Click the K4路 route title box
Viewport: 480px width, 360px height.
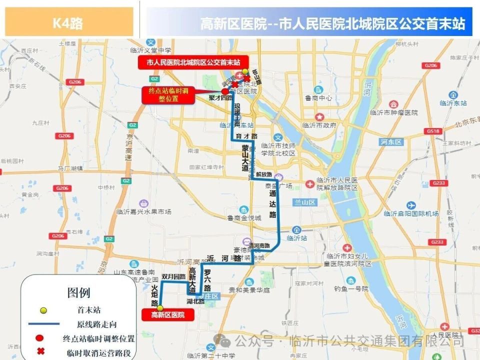click(x=68, y=22)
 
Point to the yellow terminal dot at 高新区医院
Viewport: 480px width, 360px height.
click(x=160, y=308)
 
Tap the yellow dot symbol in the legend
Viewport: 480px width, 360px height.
click(x=43, y=310)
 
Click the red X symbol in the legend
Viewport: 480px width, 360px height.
click(x=41, y=351)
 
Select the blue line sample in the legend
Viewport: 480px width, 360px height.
click(x=43, y=324)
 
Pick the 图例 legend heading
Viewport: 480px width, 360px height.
click(x=78, y=292)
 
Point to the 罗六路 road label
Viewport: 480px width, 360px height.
click(x=207, y=280)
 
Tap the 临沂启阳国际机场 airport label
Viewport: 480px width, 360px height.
click(x=411, y=213)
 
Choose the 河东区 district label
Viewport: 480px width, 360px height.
click(x=390, y=142)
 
